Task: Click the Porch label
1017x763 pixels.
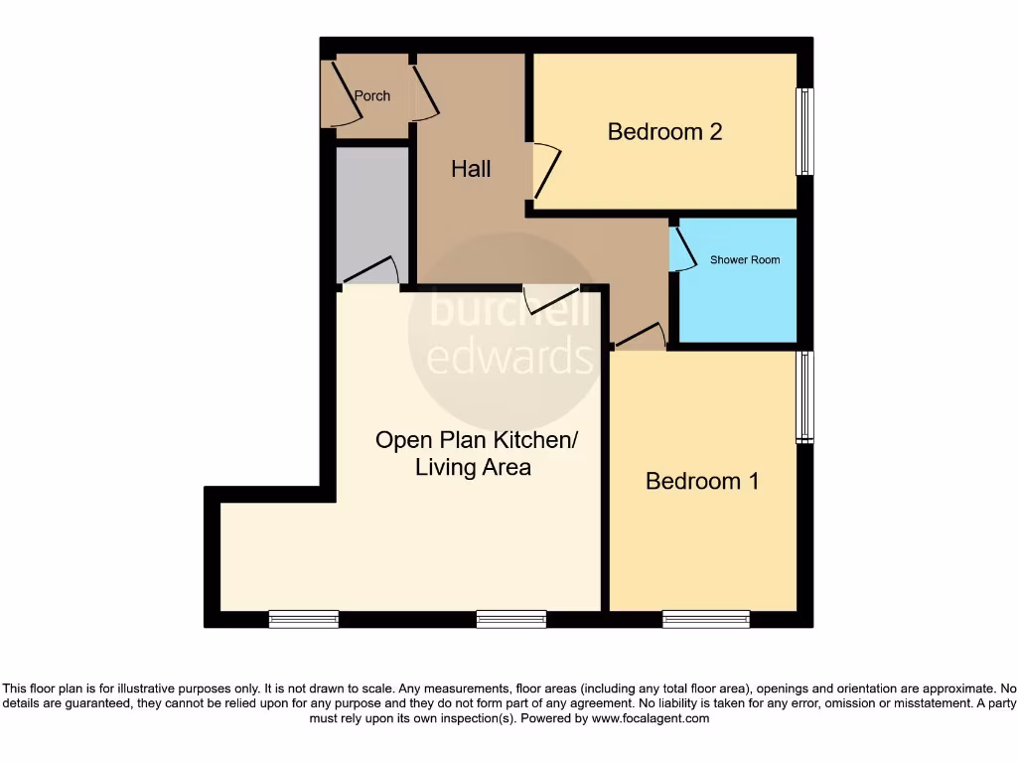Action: [372, 96]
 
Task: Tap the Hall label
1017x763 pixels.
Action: [471, 169]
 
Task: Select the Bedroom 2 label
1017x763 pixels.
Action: [664, 131]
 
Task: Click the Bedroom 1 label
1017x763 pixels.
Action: [702, 481]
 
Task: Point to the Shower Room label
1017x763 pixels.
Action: [745, 260]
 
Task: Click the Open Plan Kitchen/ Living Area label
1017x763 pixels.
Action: [475, 453]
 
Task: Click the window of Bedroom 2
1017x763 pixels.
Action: [804, 132]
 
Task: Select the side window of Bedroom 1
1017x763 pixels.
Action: [804, 396]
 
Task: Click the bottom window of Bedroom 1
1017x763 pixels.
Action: [706, 619]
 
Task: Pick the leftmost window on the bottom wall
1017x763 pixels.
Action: [304, 619]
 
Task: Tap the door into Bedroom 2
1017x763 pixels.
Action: [546, 171]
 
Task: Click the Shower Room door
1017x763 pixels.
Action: [682, 248]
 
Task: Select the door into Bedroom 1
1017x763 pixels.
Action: [640, 336]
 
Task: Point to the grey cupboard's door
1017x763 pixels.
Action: [371, 271]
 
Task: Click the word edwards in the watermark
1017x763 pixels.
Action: [509, 356]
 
